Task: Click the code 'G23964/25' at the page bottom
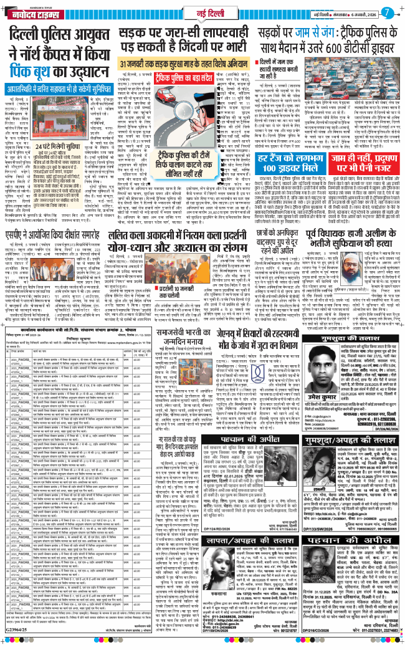pyautogui.click(x=19, y=643)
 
